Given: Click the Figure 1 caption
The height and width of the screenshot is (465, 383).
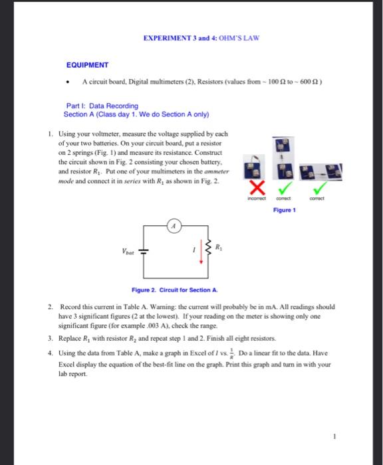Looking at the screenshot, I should pyautogui.click(x=284, y=210).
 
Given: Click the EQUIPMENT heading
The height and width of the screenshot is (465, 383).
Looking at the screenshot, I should pyautogui.click(x=87, y=65).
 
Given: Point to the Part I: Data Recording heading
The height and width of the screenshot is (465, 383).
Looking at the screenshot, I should pyautogui.click(x=102, y=106).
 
